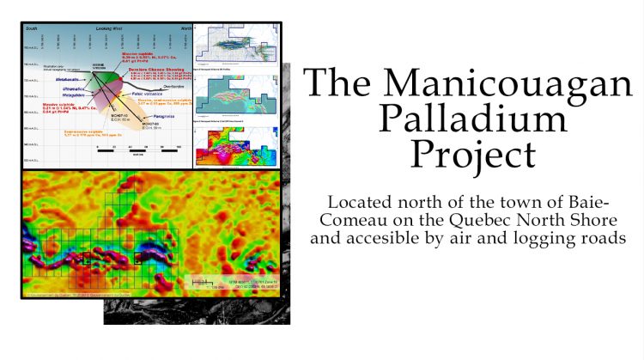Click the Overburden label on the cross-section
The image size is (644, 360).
coord(173,87)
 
